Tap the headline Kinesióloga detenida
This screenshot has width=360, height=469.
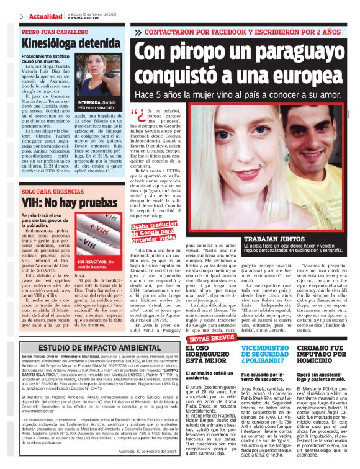point(63,43)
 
